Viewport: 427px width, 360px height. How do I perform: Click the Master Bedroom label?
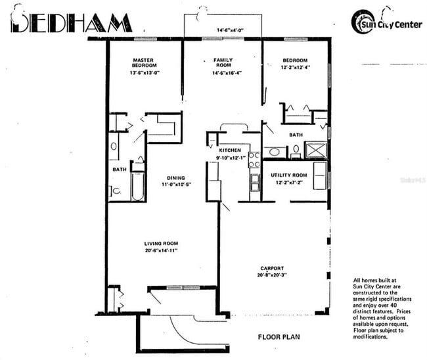click(143, 62)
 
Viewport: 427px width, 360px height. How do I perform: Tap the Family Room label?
click(223, 62)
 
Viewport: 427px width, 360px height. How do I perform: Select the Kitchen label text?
click(230, 150)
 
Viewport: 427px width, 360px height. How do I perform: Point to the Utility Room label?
click(289, 175)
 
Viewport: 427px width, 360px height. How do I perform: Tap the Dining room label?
click(175, 177)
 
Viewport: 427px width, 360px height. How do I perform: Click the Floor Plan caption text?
click(279, 338)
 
